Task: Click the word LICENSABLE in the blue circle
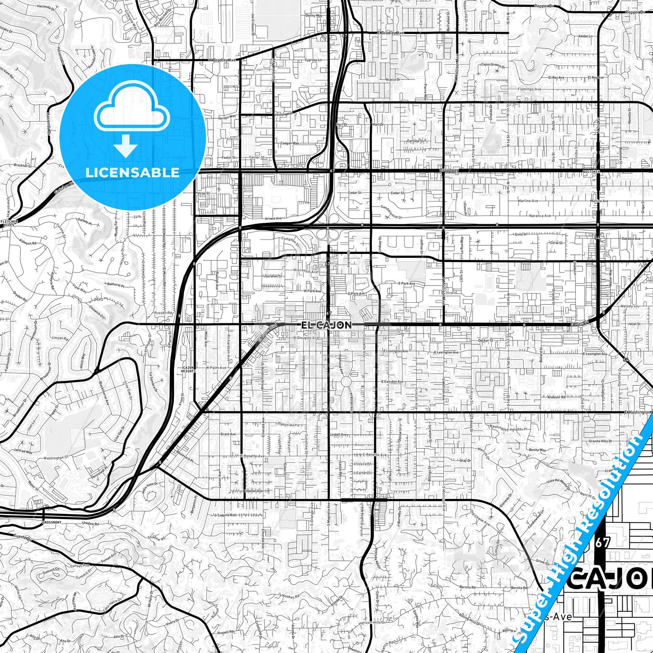click(x=132, y=173)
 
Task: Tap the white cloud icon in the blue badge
click(x=132, y=111)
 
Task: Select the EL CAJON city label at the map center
click(x=326, y=325)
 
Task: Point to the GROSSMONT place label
click(x=52, y=522)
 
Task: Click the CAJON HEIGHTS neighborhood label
click(x=188, y=369)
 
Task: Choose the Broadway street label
click(x=449, y=170)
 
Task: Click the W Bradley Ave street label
click(x=222, y=60)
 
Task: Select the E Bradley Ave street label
click(x=391, y=33)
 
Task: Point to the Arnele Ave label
click(x=273, y=218)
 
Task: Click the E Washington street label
click(x=638, y=412)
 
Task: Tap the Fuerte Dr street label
click(x=22, y=538)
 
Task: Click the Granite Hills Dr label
click(x=600, y=441)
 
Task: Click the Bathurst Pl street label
click(x=116, y=285)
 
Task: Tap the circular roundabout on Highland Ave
click(x=346, y=382)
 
